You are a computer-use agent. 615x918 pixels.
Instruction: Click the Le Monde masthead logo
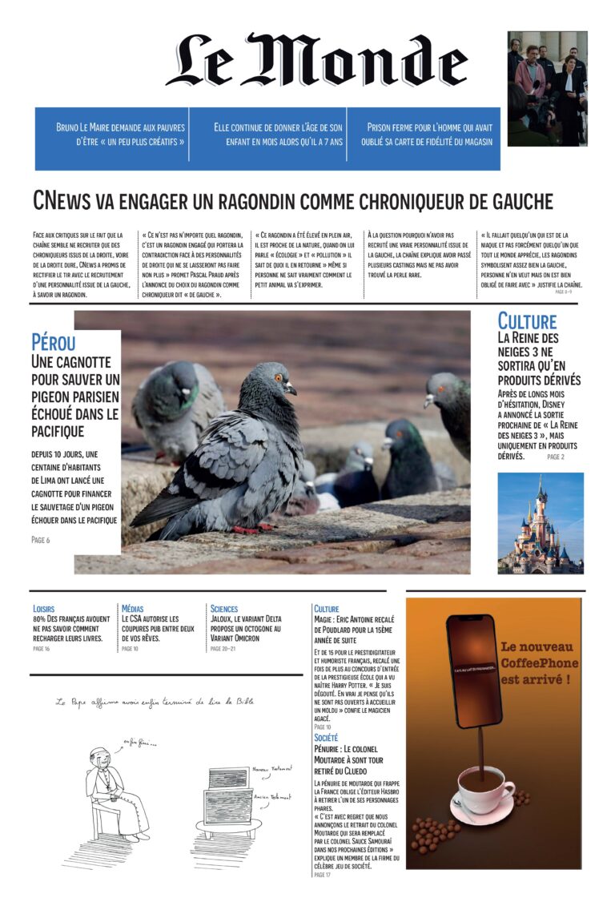coord(316,60)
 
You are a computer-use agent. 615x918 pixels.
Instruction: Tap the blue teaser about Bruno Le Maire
coord(120,134)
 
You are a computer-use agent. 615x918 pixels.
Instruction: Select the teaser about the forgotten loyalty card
coord(430,134)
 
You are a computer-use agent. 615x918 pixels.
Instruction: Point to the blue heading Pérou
coord(54,343)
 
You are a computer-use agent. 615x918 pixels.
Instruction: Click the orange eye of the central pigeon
coord(278,377)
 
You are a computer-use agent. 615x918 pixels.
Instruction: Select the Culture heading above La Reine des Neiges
coord(526,322)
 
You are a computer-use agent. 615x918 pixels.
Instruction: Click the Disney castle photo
coord(540,522)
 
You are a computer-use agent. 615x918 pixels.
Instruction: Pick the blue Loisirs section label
coord(44,609)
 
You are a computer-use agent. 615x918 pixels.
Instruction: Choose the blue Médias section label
coord(133,609)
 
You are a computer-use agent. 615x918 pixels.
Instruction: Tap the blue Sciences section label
coord(224,609)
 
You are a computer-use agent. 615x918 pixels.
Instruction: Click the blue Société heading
coord(326,737)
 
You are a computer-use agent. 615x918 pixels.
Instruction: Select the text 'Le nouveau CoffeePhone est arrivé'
coord(537,663)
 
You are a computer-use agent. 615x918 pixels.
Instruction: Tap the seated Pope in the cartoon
coord(112,789)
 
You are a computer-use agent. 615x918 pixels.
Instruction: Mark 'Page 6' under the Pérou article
coord(40,540)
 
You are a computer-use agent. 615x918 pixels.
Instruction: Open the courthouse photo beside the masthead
coord(547,88)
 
